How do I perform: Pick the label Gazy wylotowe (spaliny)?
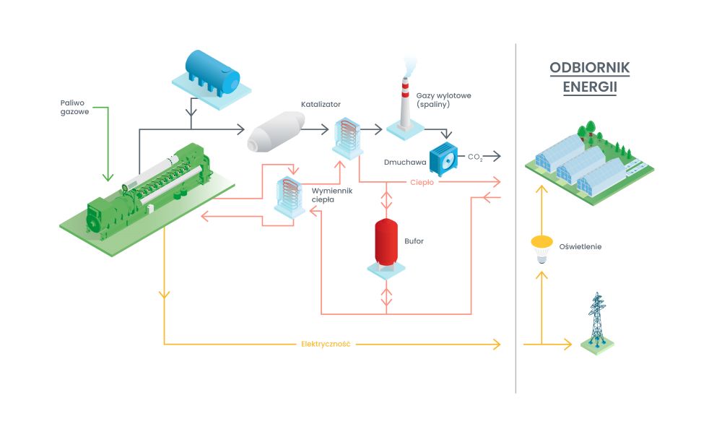click(442, 100)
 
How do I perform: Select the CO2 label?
click(475, 157)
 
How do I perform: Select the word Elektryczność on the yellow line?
click(325, 345)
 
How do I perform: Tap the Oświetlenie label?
click(580, 247)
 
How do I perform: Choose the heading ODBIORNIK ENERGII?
click(590, 78)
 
